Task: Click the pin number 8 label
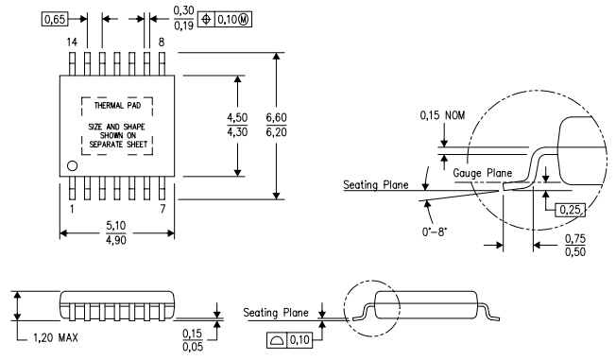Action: pyautogui.click(x=162, y=42)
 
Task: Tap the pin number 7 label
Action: pyautogui.click(x=163, y=207)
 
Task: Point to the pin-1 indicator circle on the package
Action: pyautogui.click(x=73, y=166)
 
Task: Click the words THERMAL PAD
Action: pyautogui.click(x=114, y=107)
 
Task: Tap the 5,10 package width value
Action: pyautogui.click(x=114, y=226)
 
